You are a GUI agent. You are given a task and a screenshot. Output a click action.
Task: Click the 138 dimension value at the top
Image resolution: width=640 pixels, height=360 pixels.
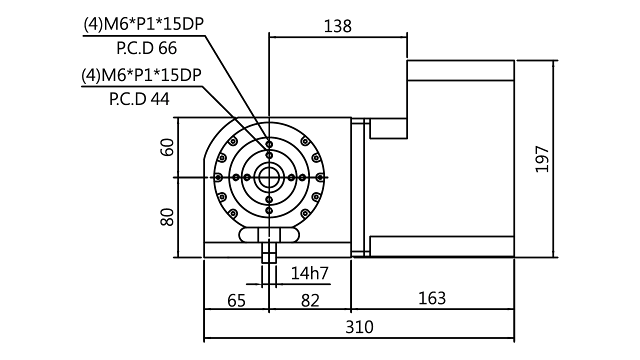338,26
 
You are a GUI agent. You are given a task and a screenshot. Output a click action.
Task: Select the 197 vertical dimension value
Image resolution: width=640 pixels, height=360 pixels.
542,159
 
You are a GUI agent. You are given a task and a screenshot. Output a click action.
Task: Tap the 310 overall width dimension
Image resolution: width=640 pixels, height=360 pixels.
359,327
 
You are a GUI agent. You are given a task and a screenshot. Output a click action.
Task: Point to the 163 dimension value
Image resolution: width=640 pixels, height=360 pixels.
431,298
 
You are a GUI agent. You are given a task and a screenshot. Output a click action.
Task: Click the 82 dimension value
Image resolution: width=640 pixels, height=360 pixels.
310,300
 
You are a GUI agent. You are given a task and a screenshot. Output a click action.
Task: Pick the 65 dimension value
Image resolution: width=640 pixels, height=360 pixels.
237,300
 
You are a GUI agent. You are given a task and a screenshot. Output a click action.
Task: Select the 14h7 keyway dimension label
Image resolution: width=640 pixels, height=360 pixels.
310,273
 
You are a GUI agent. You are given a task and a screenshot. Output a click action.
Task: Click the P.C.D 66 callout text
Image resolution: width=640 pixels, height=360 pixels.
146,48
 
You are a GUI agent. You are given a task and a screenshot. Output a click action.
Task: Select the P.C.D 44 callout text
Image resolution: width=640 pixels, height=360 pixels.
139,100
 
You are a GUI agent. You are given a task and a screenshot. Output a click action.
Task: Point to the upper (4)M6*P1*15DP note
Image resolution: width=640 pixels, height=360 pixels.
144,24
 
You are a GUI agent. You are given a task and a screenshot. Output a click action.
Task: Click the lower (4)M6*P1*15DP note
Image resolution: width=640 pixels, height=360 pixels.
142,76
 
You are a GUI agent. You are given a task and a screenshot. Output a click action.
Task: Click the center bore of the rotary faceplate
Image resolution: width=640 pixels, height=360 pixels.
269,177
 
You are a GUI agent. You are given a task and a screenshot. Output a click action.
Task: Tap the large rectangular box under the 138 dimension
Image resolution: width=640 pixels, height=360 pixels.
337,77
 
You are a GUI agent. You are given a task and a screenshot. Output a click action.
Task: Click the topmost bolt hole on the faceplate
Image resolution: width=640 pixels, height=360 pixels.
269,144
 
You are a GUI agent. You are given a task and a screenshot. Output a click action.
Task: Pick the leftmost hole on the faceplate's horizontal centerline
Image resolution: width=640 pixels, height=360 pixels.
218,177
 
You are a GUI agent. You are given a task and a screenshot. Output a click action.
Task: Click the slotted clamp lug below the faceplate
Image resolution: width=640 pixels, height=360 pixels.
269,234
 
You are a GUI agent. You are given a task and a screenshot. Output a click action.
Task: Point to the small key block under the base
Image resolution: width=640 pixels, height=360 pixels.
269,258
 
